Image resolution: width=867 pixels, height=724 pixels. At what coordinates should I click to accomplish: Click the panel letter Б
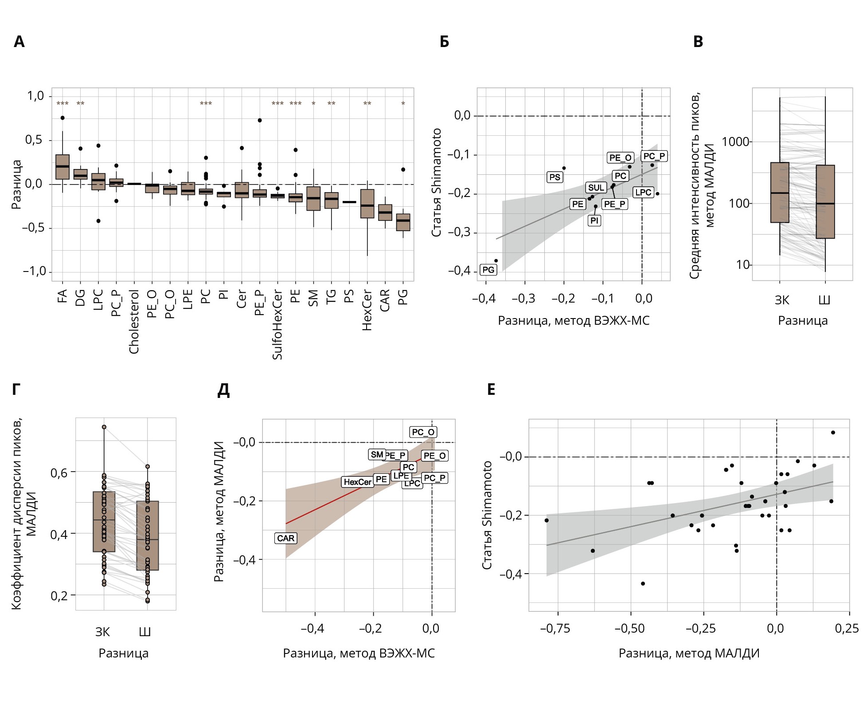444,42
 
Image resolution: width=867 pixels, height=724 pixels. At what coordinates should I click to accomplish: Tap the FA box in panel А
62,167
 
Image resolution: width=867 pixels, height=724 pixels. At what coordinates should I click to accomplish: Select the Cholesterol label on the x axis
134,322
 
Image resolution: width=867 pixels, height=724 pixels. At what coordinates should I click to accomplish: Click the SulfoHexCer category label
277,324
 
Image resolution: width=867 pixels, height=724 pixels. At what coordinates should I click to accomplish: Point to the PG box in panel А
403,222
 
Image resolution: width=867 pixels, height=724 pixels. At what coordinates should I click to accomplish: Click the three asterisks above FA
62,104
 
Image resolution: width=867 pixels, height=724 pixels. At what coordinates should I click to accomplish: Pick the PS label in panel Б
555,177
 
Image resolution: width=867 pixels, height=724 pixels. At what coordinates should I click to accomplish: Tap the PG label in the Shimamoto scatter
488,270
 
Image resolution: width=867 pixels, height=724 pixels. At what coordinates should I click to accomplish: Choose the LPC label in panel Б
643,193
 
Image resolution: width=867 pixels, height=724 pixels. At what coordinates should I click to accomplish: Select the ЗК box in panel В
780,193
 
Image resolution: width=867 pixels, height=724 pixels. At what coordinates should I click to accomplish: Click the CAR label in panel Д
285,538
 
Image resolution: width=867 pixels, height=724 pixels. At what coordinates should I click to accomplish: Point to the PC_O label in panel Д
423,432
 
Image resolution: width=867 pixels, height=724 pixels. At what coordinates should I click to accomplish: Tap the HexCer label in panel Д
357,482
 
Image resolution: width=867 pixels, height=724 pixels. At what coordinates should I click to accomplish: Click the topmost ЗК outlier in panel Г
104,427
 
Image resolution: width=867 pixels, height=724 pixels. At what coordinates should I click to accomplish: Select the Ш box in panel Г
148,535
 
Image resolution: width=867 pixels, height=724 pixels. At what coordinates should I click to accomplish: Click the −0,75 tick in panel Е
555,628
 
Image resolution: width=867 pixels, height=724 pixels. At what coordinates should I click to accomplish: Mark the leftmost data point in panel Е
547,520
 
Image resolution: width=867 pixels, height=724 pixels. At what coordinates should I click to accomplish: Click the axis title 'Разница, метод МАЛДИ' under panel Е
689,653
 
